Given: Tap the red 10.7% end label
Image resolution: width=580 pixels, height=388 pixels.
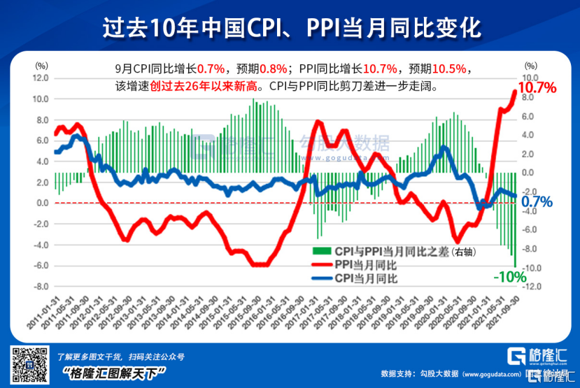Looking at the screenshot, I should pyautogui.click(x=537, y=88).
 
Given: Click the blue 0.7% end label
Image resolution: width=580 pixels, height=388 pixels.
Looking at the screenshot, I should pyautogui.click(x=537, y=203).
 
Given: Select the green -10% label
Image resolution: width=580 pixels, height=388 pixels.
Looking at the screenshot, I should pyautogui.click(x=510, y=276).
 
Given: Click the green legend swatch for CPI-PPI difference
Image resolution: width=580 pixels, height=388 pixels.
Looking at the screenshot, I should pyautogui.click(x=320, y=250).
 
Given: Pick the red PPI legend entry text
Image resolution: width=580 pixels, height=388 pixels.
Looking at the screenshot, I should pyautogui.click(x=366, y=264).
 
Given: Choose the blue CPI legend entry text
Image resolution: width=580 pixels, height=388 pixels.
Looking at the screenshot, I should pyautogui.click(x=365, y=278).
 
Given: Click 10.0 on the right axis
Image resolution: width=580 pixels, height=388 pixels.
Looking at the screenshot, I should pyautogui.click(x=529, y=78).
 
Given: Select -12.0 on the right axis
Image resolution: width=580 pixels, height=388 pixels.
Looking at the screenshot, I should pyautogui.click(x=529, y=287).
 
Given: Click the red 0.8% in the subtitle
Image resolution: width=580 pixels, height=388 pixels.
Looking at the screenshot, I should pyautogui.click(x=273, y=69).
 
